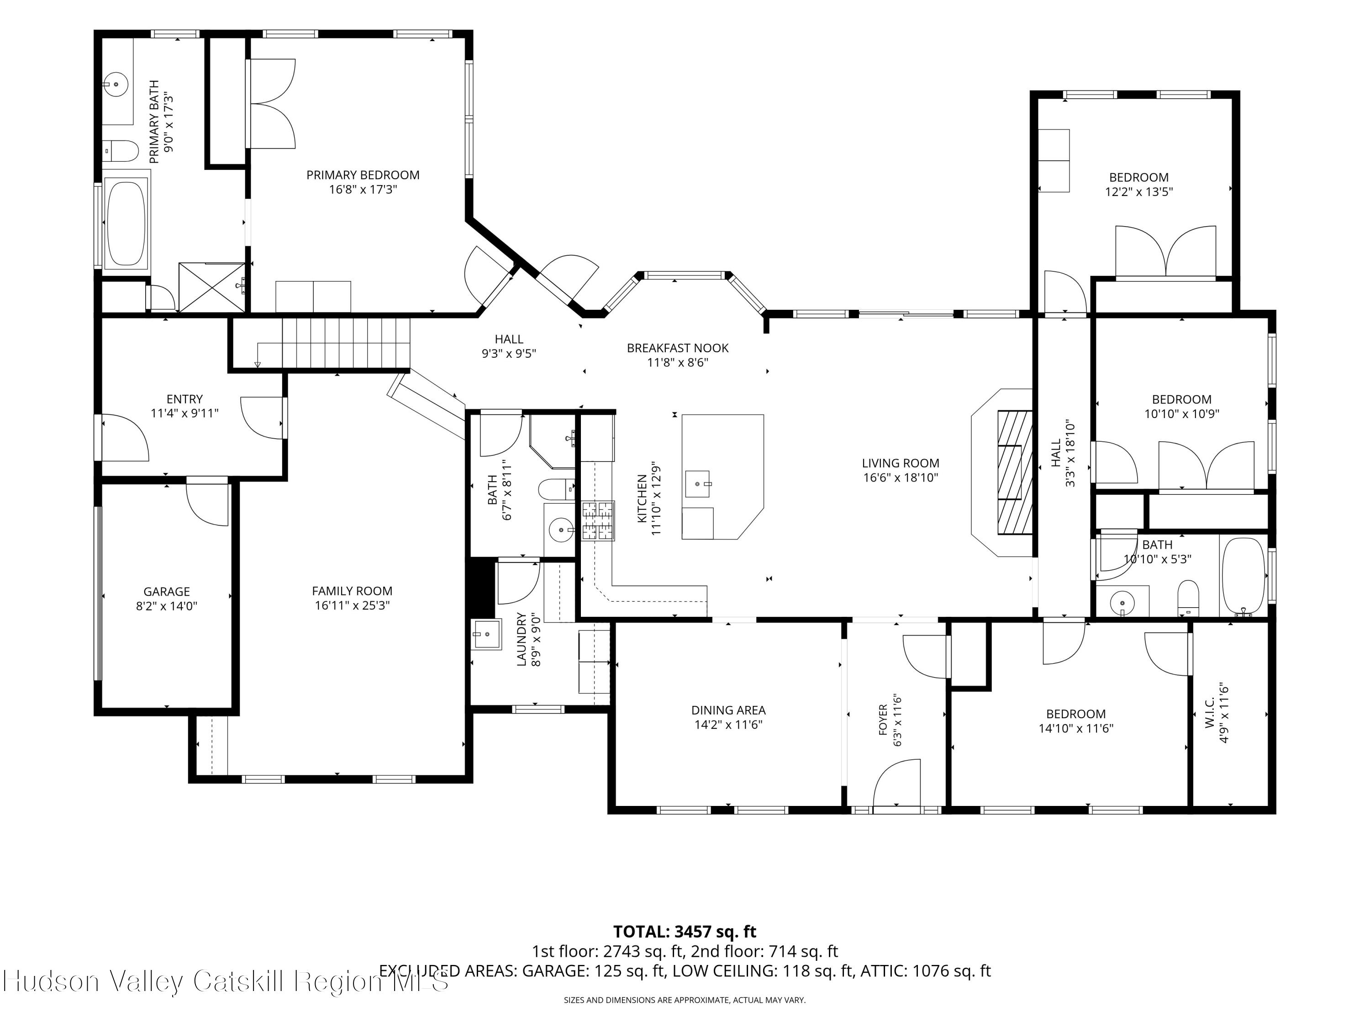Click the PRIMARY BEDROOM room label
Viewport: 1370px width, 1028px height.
pos(363,175)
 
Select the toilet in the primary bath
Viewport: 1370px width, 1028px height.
pos(122,151)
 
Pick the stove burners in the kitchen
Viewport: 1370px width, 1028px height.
pos(598,520)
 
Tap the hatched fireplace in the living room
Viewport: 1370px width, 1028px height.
pos(1015,472)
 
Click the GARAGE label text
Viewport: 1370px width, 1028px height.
pos(167,592)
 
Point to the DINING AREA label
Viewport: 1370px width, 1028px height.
pos(728,710)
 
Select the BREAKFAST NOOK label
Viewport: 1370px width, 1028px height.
pos(678,348)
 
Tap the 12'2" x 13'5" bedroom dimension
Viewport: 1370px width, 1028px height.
pos(1138,192)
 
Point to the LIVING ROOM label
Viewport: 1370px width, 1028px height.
pos(901,463)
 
